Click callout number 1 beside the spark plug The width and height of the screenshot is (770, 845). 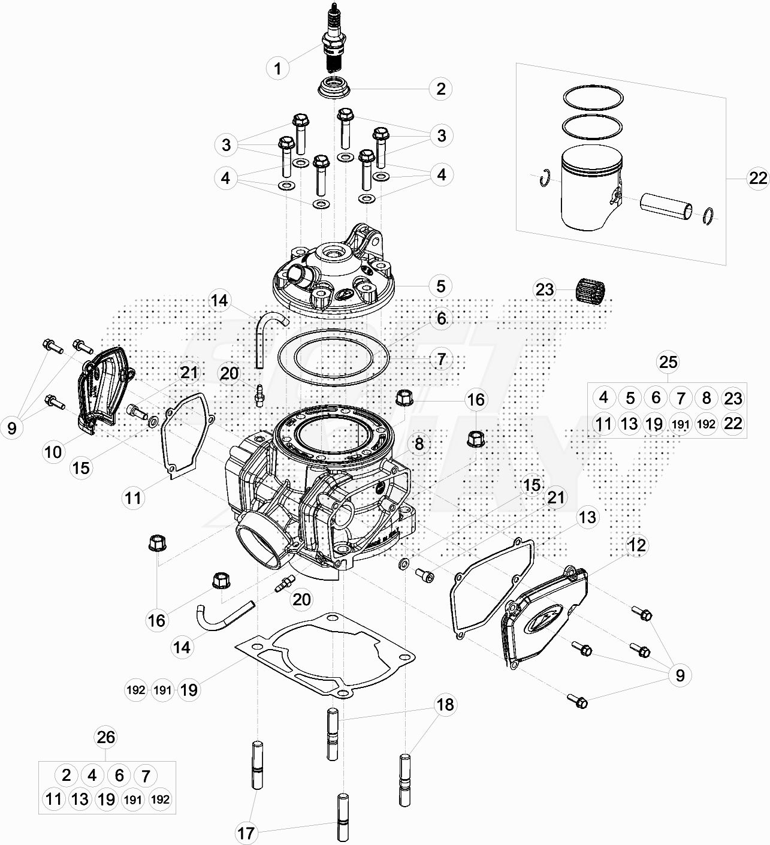277,68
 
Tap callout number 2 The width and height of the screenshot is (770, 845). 441,89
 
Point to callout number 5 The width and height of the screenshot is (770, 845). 441,286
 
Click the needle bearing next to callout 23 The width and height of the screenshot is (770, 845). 591,291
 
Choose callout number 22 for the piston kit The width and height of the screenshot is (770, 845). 757,178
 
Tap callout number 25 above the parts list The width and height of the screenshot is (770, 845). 668,361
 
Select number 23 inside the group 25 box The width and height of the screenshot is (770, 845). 733,398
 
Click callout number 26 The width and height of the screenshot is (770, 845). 105,738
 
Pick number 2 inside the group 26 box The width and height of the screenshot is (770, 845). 66,775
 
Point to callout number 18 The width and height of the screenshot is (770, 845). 445,705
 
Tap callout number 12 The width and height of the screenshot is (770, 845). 637,545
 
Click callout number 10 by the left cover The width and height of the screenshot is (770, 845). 53,452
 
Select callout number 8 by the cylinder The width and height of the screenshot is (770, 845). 418,444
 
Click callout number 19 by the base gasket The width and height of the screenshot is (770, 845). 188,690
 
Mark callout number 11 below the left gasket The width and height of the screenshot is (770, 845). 133,497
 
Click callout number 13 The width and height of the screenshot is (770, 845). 588,517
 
